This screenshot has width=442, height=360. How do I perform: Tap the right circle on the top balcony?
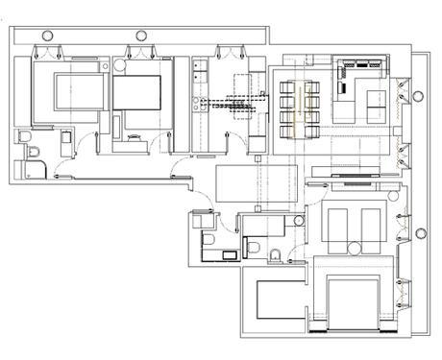[x=140, y=36]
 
